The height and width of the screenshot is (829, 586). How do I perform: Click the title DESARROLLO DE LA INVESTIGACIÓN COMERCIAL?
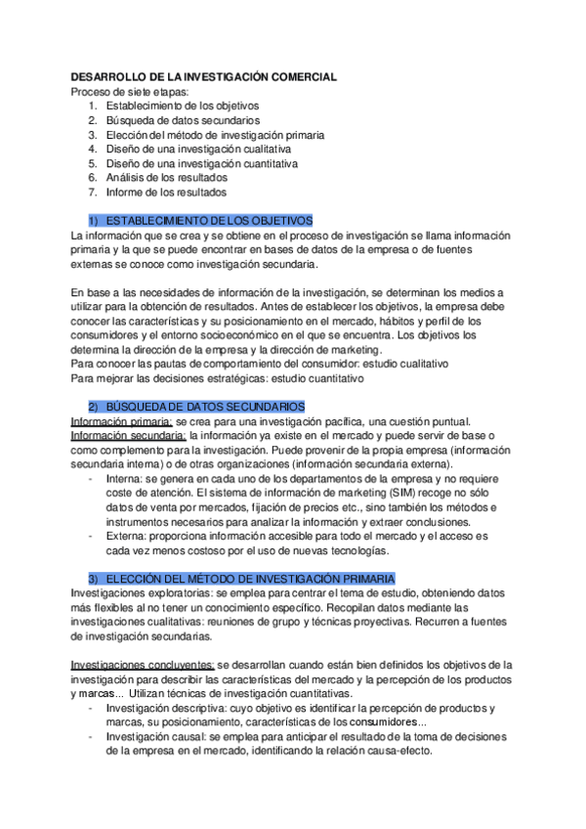click(x=204, y=76)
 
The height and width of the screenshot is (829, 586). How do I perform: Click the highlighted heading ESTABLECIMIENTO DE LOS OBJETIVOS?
click(x=207, y=221)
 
